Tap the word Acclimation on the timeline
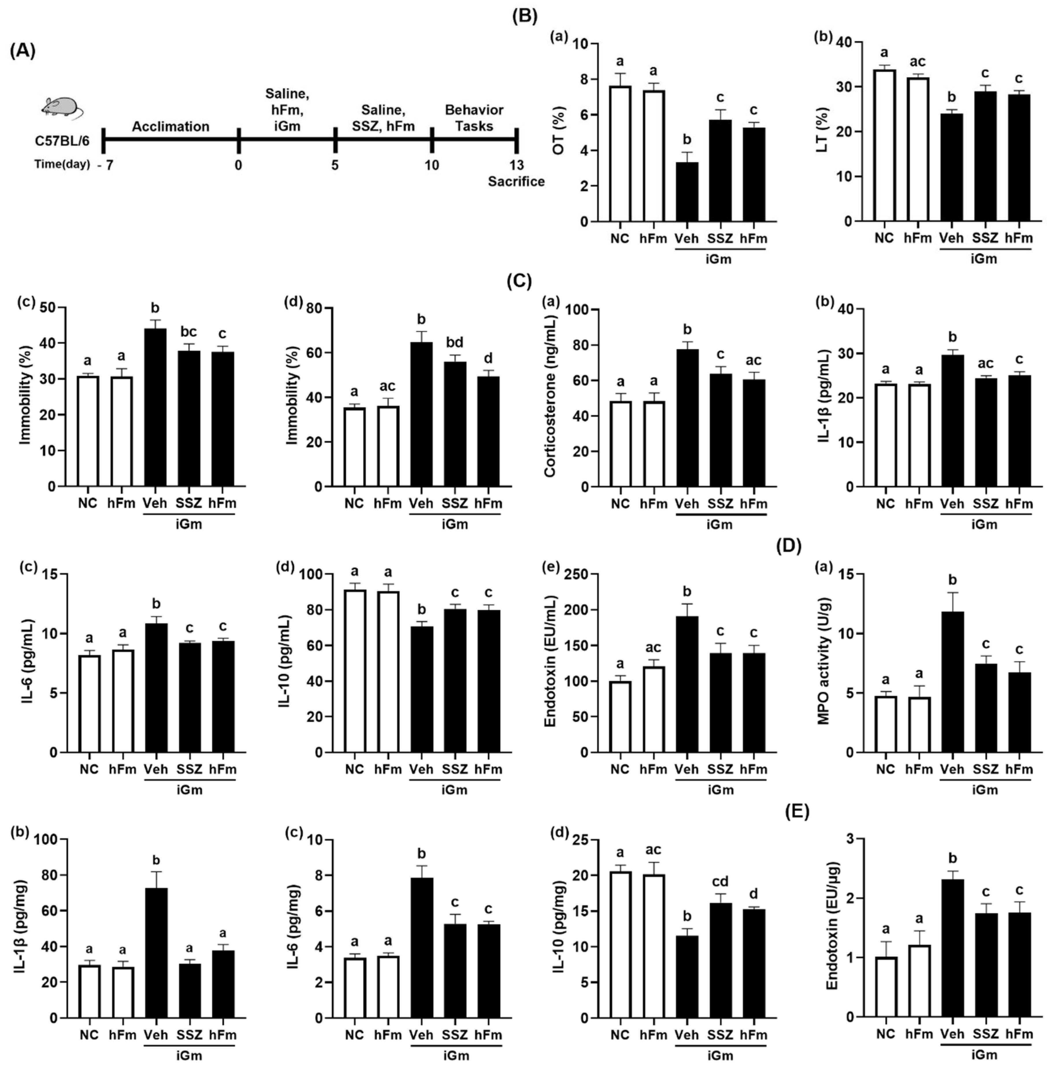(170, 127)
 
